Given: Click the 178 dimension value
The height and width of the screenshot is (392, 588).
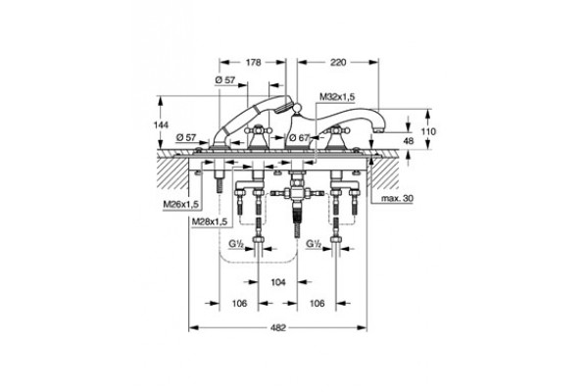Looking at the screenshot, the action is click(x=254, y=63).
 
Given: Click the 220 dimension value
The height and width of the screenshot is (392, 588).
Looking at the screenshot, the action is click(x=338, y=63).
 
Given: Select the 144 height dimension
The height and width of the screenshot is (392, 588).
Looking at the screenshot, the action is click(x=162, y=124).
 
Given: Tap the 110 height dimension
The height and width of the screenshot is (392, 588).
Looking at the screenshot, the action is click(x=428, y=131).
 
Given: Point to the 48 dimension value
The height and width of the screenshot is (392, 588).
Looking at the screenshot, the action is click(x=408, y=141).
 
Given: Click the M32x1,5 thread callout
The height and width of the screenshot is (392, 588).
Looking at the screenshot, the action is click(x=337, y=97).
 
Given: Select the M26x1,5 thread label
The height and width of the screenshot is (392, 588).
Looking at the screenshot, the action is click(x=180, y=205).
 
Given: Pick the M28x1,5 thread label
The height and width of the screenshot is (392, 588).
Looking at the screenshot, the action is click(x=210, y=221).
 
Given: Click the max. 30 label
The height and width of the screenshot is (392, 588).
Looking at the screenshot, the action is click(x=397, y=198).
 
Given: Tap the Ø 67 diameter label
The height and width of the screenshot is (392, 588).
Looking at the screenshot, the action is click(x=299, y=138).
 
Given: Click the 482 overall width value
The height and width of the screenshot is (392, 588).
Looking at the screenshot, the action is click(x=278, y=328).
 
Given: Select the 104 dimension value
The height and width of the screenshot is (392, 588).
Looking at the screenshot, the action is click(x=278, y=281).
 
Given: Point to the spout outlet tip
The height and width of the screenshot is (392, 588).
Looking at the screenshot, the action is click(x=379, y=130).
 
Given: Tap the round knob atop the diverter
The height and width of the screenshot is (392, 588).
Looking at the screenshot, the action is click(x=297, y=109).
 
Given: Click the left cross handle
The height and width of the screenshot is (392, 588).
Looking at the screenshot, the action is click(x=258, y=130).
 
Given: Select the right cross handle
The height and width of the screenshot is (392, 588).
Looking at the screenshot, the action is click(x=337, y=130).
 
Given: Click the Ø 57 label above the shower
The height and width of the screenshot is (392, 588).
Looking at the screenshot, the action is click(x=225, y=80).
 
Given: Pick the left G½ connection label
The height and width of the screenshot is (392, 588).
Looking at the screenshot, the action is click(x=236, y=244).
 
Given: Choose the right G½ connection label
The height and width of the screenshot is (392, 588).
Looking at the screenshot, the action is click(x=314, y=244).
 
